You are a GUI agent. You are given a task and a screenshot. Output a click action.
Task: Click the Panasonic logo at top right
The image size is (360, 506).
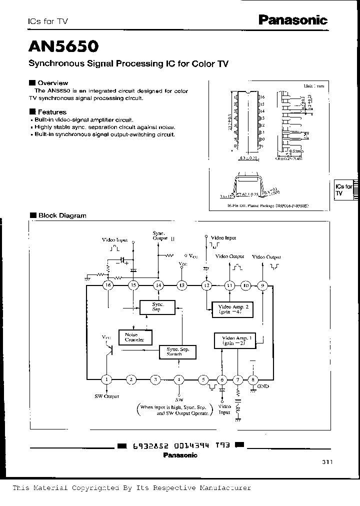click(x=292, y=20)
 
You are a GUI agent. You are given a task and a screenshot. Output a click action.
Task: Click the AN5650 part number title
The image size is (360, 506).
click(x=63, y=47)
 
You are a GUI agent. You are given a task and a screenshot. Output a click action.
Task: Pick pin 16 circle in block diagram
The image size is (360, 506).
click(x=107, y=285)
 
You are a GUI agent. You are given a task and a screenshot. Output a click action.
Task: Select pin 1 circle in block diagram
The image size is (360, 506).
click(x=106, y=379)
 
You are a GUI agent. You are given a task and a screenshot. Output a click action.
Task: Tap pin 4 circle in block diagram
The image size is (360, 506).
click(x=179, y=379)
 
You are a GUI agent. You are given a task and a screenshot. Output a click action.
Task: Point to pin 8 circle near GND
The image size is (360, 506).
click(x=254, y=379)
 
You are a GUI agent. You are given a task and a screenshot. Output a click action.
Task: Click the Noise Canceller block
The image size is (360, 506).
click(x=134, y=337)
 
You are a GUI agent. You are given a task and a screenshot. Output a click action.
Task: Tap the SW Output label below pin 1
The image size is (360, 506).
click(x=106, y=396)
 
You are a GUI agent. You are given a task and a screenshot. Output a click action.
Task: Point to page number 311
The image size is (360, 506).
click(x=327, y=462)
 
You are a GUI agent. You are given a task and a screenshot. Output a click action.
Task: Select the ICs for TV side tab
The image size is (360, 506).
click(x=343, y=189)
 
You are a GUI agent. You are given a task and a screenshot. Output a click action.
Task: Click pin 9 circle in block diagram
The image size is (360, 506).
click(x=262, y=285)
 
